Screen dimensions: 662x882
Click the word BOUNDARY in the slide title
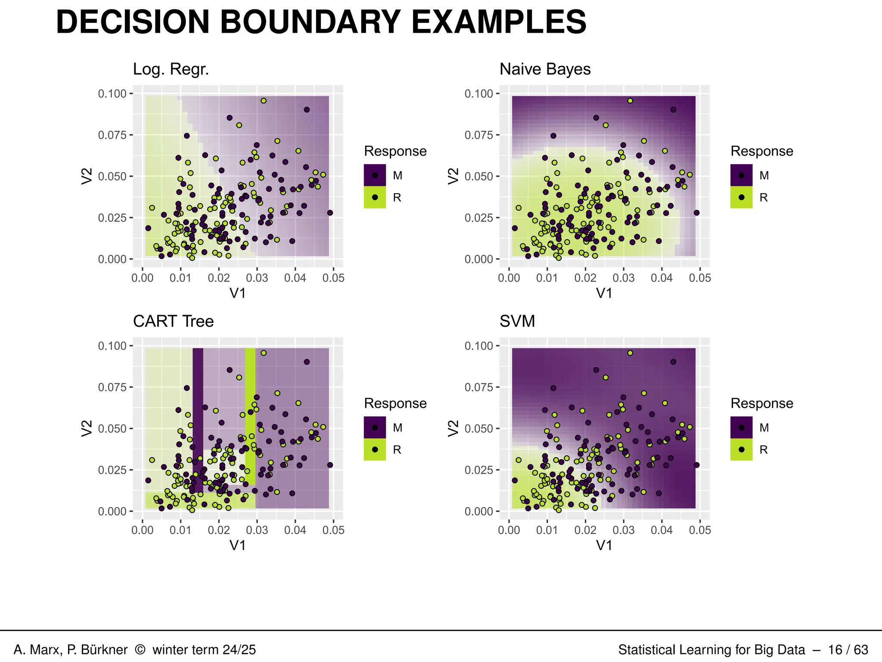click(x=311, y=22)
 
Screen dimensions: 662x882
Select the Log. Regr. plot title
click(x=171, y=69)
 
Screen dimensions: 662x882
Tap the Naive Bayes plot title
click(x=545, y=69)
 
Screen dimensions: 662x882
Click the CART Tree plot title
click(x=173, y=322)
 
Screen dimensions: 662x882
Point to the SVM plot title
click(x=517, y=322)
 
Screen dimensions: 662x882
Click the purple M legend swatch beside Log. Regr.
click(x=375, y=175)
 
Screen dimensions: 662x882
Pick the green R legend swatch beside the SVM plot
click(x=741, y=450)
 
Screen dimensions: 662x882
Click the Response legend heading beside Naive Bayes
click(x=761, y=151)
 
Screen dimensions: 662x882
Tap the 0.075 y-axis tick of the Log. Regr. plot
click(x=112, y=135)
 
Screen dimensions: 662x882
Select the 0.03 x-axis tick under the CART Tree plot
click(x=257, y=530)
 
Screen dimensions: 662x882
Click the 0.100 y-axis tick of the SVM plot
click(x=479, y=346)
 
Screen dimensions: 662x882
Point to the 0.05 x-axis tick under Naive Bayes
click(x=700, y=278)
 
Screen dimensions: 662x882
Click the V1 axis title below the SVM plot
click(x=604, y=546)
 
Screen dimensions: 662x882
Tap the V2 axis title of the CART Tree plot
click(x=87, y=428)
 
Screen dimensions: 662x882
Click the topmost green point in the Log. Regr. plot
click(x=264, y=101)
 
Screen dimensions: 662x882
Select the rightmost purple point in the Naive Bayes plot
click(x=696, y=213)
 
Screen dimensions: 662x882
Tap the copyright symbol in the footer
click(x=140, y=650)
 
